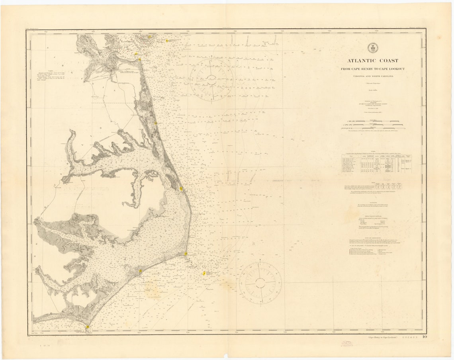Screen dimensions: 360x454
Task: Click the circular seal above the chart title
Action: point(373,48)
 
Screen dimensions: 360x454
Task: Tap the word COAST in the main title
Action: point(388,61)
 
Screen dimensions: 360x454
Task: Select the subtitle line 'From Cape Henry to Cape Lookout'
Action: point(373,69)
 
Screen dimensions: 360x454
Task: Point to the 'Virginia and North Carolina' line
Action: point(373,76)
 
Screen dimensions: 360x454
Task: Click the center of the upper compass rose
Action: point(211,80)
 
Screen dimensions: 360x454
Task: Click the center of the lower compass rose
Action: point(260,282)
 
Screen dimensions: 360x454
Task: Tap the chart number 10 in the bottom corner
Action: point(425,337)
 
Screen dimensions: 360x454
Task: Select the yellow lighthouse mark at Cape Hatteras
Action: point(186,254)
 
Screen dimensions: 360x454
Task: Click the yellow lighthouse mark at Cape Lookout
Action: point(87,327)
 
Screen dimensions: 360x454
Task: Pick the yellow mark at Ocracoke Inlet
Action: point(140,271)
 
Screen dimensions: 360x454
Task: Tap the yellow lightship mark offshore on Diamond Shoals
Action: point(204,273)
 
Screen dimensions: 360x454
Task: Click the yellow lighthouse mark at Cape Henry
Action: point(140,59)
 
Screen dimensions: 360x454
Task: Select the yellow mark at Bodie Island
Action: point(181,189)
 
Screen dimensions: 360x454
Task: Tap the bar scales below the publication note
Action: point(373,125)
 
